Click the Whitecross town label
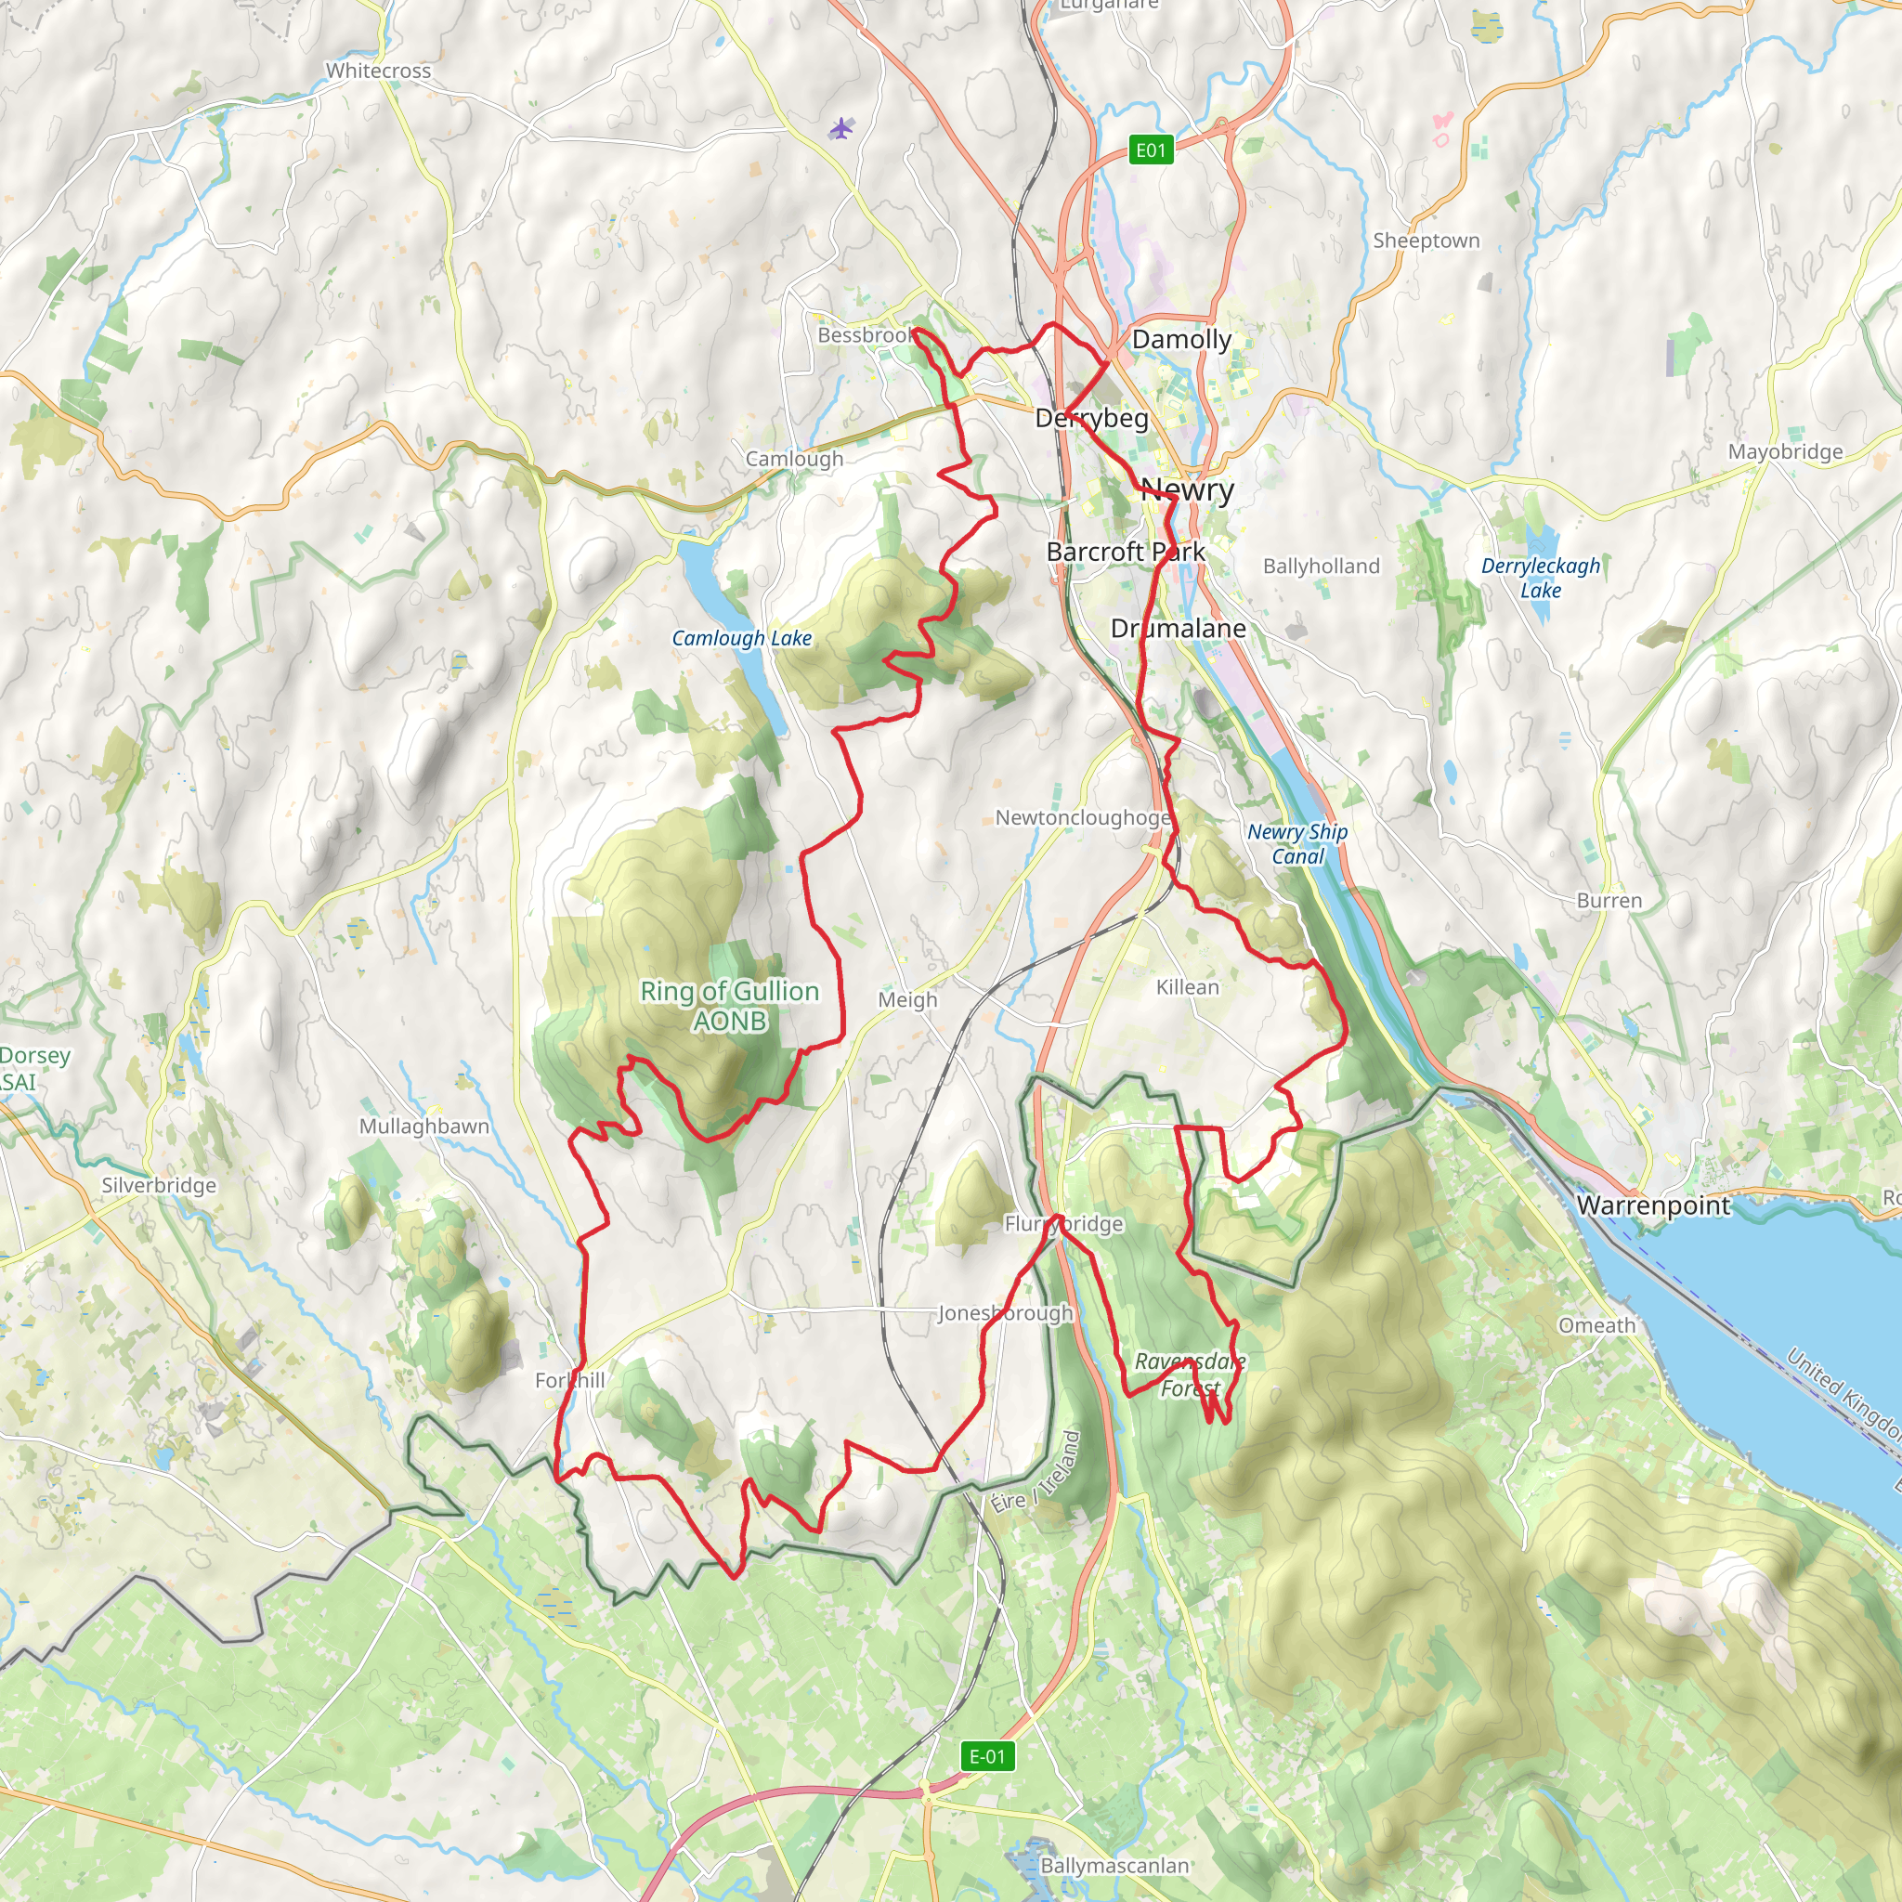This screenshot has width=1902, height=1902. tap(378, 71)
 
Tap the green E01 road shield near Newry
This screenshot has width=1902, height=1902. tap(1150, 150)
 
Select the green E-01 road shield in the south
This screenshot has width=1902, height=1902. tap(987, 1756)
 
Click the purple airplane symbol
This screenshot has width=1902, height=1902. tap(840, 128)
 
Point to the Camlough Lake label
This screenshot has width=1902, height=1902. tap(741, 638)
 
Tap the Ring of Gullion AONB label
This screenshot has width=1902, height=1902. tap(729, 1005)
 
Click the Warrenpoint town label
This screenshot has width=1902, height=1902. tap(1653, 1206)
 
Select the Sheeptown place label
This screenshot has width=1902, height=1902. tap(1426, 241)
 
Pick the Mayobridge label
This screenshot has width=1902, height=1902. tap(1785, 452)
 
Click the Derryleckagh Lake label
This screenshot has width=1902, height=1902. tap(1541, 578)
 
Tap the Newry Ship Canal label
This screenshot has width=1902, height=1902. tap(1296, 843)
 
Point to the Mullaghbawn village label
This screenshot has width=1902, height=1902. tap(423, 1127)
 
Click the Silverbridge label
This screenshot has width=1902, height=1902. tap(159, 1185)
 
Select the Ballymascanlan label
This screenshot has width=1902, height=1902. tap(1114, 1866)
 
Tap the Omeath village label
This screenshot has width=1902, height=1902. tap(1596, 1325)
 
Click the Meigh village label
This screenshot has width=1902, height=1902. tap(906, 1000)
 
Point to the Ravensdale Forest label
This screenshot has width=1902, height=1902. tap(1190, 1374)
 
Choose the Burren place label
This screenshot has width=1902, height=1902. tap(1609, 901)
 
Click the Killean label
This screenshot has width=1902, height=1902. tap(1186, 987)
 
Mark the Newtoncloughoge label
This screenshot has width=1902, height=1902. tap(1083, 818)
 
